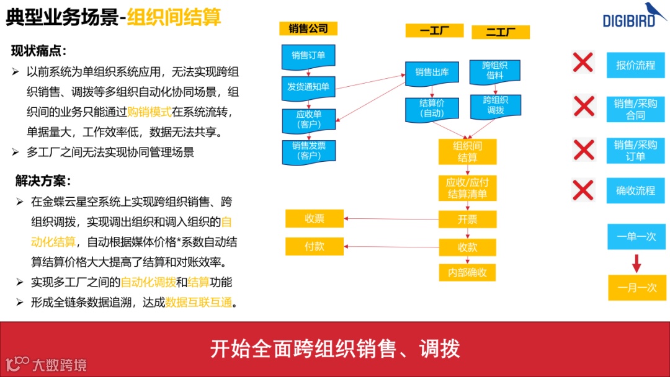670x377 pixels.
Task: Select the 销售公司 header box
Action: click(308, 29)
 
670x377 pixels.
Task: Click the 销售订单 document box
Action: click(308, 56)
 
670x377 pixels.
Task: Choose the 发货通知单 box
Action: click(308, 87)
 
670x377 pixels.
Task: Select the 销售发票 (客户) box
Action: click(308, 151)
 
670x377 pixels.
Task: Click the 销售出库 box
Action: click(432, 73)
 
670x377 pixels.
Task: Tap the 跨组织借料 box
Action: click(495, 70)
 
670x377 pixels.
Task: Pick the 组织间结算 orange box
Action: click(467, 151)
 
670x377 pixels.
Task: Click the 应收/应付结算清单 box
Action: click(467, 188)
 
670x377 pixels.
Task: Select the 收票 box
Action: click(315, 219)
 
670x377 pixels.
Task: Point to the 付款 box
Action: click(315, 246)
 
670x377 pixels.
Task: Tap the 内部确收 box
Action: click(467, 272)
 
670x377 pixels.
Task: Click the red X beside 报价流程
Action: click(583, 63)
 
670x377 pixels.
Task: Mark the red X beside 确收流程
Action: click(583, 190)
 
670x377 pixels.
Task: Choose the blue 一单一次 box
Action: click(636, 237)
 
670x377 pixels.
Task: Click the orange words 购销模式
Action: click(149, 112)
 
